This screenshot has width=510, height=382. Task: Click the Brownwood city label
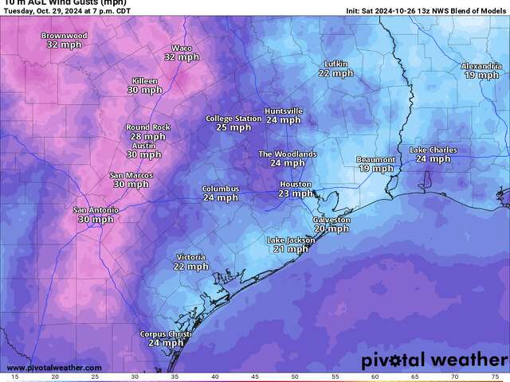[65, 37]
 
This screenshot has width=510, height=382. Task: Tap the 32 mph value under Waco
[182, 57]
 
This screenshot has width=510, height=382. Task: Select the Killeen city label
[144, 81]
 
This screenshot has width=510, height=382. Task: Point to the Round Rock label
[147, 127]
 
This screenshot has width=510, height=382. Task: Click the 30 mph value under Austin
[144, 154]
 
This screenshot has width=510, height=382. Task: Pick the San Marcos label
[131, 175]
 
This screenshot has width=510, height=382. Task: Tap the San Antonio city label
[96, 210]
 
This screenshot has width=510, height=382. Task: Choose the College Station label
[233, 119]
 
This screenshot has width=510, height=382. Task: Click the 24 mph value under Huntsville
[284, 120]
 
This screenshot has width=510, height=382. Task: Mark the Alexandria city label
[481, 66]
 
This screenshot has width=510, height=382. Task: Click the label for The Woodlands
[288, 154]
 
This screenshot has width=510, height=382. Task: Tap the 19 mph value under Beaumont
[375, 169]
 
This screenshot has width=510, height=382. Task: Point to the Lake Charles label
[433, 150]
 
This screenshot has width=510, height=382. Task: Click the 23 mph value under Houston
[296, 193]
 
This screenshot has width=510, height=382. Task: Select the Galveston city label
[331, 220]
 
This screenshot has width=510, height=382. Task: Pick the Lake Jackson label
[291, 240]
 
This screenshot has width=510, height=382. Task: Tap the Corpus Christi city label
[166, 334]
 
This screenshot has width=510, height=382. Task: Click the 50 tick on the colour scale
[295, 376]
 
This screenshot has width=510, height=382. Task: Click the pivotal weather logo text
[433, 361]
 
